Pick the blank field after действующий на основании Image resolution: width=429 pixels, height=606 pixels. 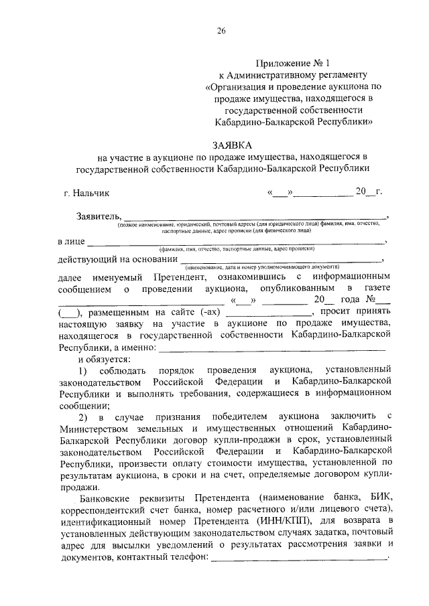click(281, 260)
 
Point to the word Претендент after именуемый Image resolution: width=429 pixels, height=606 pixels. click(179, 277)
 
